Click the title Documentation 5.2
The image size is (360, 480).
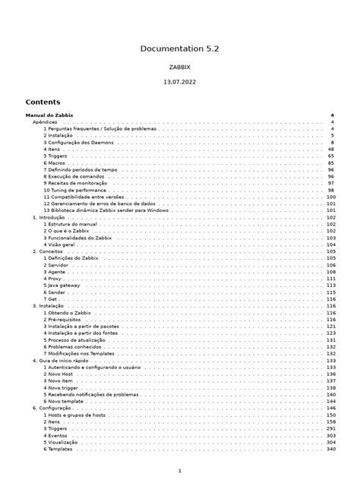(179, 49)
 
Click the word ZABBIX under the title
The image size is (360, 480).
(179, 68)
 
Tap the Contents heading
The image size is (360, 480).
(43, 102)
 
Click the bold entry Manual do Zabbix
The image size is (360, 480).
(49, 115)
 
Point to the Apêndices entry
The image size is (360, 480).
(44, 122)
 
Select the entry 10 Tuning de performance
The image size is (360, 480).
(80, 190)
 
